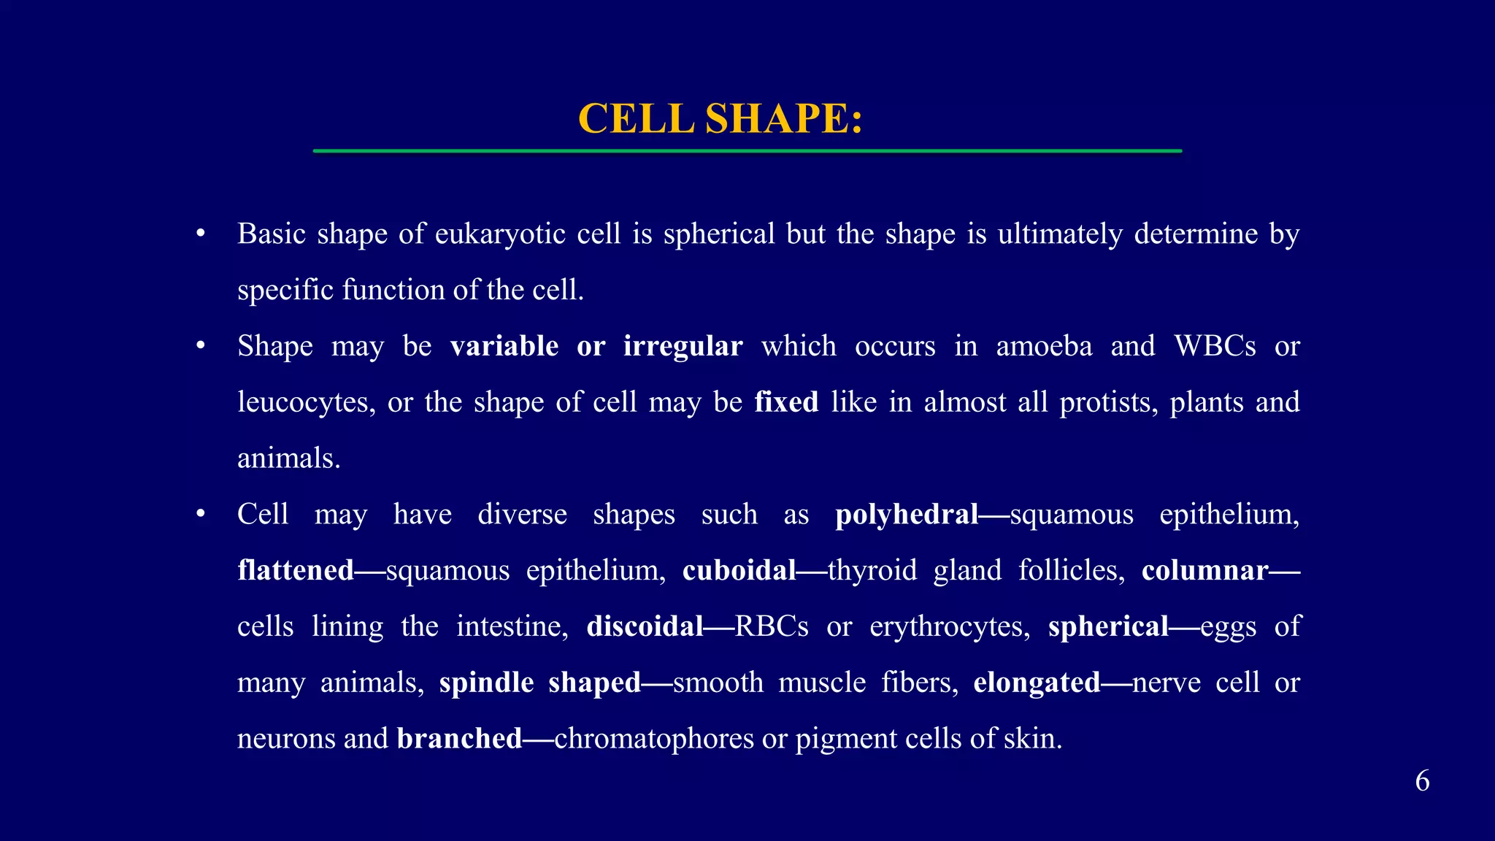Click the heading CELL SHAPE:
pos(720,118)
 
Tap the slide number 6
pos(1422,781)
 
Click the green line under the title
pos(747,151)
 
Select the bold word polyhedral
pos(906,515)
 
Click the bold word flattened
pos(296,570)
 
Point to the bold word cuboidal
pos(739,570)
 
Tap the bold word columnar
pos(1204,570)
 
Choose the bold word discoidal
pos(645,626)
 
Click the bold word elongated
pos(1037,683)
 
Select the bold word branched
pos(459,739)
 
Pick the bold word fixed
pos(786,402)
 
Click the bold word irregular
pos(683,346)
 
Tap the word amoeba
pos(1044,346)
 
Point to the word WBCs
pos(1215,346)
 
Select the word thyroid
pos(872,570)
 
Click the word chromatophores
pos(653,739)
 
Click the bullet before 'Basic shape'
pos(200,234)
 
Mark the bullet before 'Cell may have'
pos(200,515)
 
